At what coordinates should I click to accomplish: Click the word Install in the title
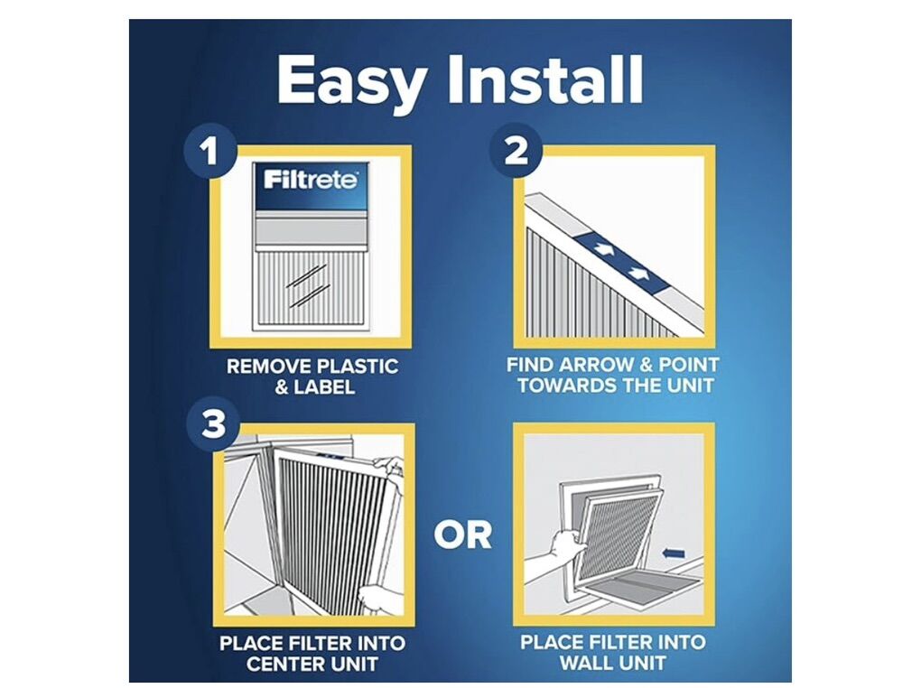click(x=545, y=79)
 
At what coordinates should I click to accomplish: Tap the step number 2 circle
click(x=516, y=151)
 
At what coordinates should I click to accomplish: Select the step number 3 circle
click(x=212, y=423)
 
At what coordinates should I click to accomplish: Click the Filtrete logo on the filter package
click(x=310, y=179)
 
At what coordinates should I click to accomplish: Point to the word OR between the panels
click(x=463, y=535)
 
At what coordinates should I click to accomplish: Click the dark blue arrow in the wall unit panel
click(x=673, y=553)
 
